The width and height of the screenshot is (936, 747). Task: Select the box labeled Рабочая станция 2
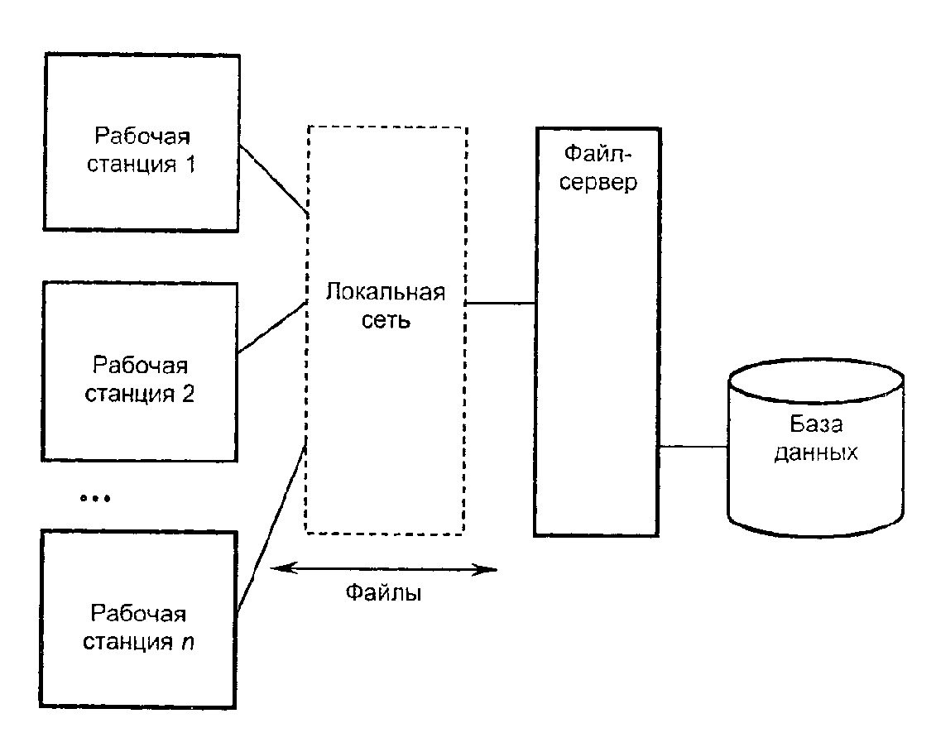point(141,371)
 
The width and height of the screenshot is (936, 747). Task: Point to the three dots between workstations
point(94,498)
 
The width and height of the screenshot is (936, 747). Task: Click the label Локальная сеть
point(386,306)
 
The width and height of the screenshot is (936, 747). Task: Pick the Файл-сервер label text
point(598,168)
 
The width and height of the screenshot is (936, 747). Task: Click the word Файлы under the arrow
point(383,593)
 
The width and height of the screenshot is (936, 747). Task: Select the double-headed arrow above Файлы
point(385,568)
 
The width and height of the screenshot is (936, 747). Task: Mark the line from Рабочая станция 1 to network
point(273,180)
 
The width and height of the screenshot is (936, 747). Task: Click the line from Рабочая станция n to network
point(271,529)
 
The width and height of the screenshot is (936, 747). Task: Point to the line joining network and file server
point(501,304)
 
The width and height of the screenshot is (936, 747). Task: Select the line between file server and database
point(694,448)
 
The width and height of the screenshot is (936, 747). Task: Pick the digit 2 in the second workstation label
point(189,393)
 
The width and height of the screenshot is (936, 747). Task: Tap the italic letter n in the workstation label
point(188,642)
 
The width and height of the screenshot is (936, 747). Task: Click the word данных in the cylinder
point(815,453)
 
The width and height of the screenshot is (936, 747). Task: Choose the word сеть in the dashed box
point(386,320)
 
